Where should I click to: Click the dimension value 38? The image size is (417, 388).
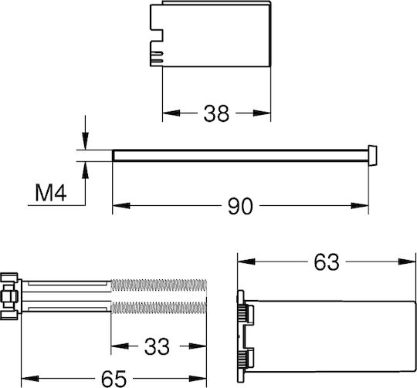pyautogui.click(x=216, y=113)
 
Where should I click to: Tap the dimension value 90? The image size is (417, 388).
pyautogui.click(x=240, y=206)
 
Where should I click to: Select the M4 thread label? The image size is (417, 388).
pyautogui.click(x=51, y=193)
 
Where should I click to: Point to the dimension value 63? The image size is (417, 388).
pyautogui.click(x=327, y=261)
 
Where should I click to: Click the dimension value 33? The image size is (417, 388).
pyautogui.click(x=157, y=346)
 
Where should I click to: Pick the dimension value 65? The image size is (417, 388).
pyautogui.click(x=114, y=379)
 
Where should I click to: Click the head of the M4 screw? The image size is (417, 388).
pyautogui.click(x=372, y=155)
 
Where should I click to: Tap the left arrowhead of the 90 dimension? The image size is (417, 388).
pyautogui.click(x=121, y=205)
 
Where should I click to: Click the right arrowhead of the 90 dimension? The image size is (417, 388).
pyautogui.click(x=360, y=205)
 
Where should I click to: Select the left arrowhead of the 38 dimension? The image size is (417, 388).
pyautogui.click(x=171, y=113)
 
